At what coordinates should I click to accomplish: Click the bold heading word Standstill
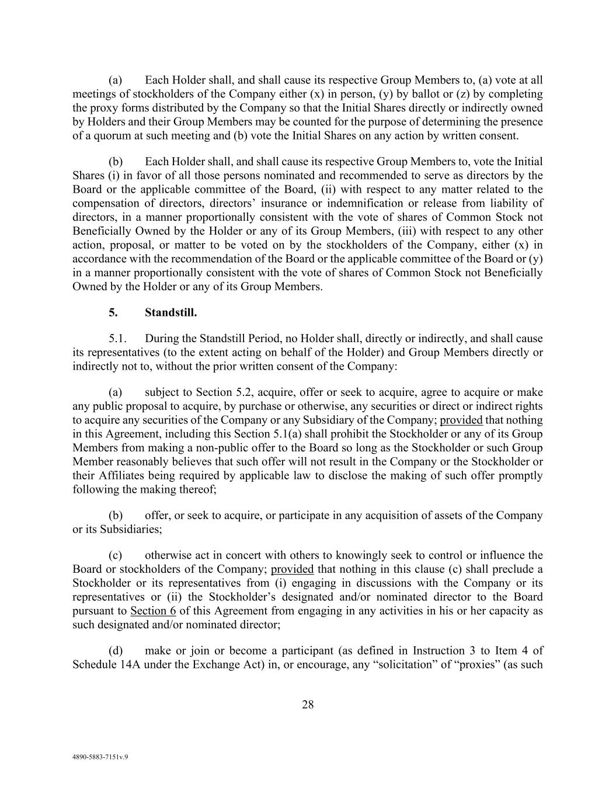coord(170,312)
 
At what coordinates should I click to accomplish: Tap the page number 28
coord(308,705)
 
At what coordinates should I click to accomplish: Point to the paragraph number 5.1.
coord(117,339)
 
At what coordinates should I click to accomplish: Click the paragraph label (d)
coord(116,650)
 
